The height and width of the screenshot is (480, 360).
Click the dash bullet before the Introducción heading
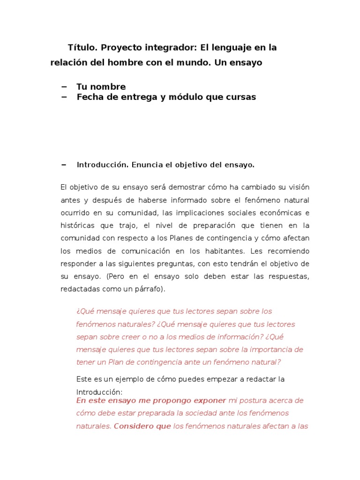click(x=64, y=165)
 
